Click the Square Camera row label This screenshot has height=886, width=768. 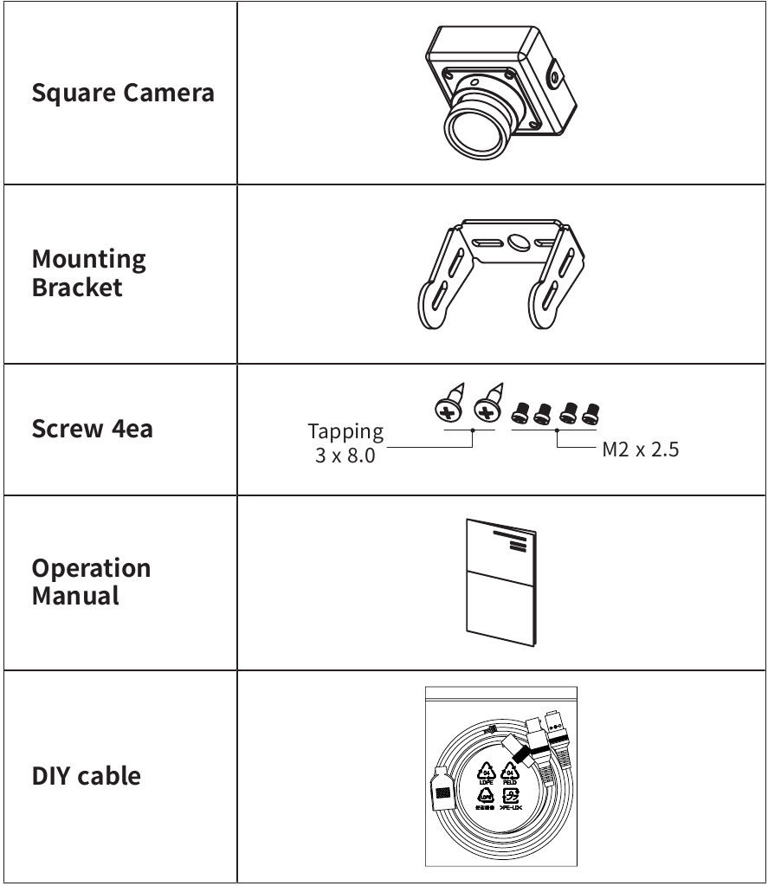tap(122, 93)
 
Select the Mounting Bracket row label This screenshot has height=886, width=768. tap(88, 273)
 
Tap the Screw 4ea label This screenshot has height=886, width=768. tap(92, 428)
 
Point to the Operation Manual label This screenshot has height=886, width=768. tap(91, 581)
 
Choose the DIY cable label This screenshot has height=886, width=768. tap(86, 775)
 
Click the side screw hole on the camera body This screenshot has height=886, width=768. tap(552, 78)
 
